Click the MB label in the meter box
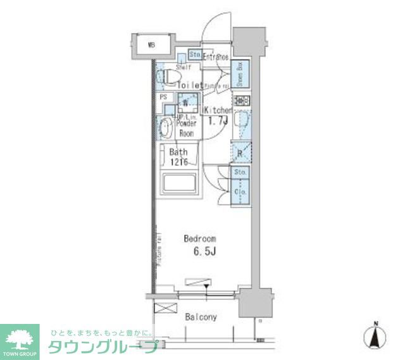point(151,45)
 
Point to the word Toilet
point(189,85)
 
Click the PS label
point(163,97)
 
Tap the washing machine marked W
point(186,103)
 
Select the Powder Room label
point(186,129)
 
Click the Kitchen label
point(219,110)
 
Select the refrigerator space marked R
point(241,152)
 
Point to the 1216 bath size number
point(178,162)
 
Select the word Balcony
point(201,317)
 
